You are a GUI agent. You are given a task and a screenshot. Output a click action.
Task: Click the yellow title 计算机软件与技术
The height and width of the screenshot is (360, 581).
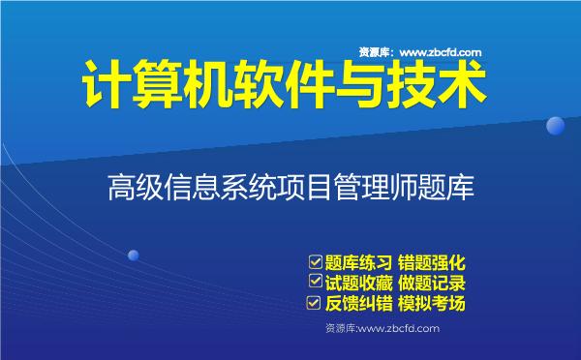tap(280, 88)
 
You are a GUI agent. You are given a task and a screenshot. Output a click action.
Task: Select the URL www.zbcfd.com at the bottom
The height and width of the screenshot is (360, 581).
tap(399, 329)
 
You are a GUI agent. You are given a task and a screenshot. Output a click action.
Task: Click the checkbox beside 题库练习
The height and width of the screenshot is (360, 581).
tap(315, 261)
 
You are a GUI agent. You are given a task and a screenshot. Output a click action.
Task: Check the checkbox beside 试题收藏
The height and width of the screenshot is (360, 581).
tap(315, 283)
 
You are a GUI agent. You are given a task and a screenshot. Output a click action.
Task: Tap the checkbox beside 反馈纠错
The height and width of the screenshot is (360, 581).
tap(315, 304)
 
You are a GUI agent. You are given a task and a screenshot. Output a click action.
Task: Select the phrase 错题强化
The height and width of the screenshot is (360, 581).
tap(433, 262)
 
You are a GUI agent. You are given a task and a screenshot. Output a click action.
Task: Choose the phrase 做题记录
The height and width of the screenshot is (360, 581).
tap(433, 284)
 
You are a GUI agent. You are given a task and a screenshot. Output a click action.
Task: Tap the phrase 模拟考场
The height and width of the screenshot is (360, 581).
tap(433, 305)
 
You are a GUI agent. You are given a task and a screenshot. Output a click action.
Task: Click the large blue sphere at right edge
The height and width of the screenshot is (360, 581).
tap(555, 126)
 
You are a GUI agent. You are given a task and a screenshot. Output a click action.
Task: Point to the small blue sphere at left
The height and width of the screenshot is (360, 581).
tap(134, 255)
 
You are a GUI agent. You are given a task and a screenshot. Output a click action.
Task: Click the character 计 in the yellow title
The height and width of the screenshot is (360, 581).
tap(101, 88)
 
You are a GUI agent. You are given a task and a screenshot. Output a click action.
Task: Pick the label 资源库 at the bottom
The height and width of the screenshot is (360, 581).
tap(342, 329)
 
